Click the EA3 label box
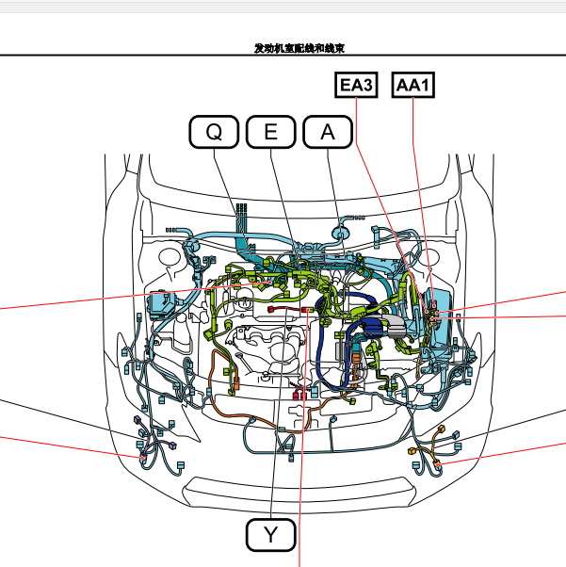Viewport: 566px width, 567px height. [x=356, y=85]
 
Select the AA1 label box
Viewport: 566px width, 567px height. [x=413, y=85]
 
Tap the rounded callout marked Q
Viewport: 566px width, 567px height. [x=214, y=132]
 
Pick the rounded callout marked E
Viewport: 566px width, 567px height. [x=271, y=132]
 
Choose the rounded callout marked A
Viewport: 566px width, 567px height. [x=328, y=132]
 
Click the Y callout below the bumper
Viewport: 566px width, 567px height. [x=271, y=535]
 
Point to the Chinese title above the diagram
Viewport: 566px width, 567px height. [x=299, y=48]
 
